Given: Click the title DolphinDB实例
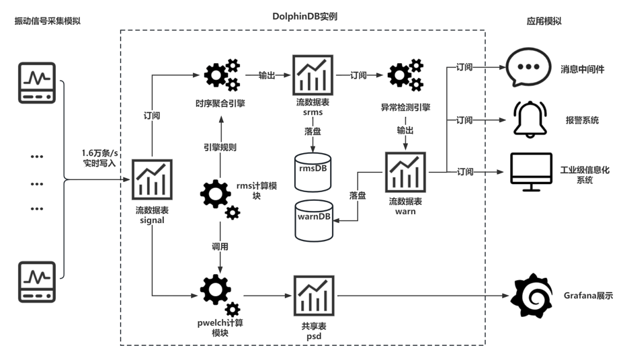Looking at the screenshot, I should (x=304, y=15).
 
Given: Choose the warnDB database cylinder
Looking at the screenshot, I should (x=313, y=218).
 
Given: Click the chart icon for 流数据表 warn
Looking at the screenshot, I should (x=405, y=173).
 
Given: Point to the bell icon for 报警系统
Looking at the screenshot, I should (x=528, y=119).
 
